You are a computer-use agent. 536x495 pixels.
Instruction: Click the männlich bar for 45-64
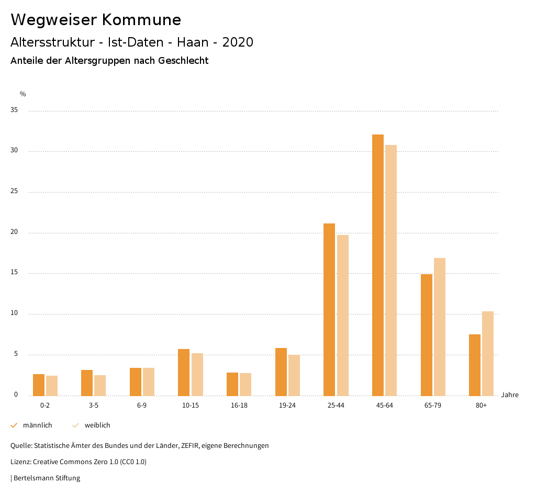(x=378, y=265)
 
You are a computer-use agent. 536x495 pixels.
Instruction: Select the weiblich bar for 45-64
(x=391, y=270)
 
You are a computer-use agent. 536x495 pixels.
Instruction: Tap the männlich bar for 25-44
(x=329, y=309)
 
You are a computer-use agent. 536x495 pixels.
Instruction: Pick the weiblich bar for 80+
(x=488, y=353)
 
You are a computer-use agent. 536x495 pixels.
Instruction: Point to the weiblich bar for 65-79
(x=440, y=327)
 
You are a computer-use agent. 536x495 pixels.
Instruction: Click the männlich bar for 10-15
(x=184, y=372)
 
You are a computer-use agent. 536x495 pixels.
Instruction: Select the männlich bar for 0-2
(x=39, y=385)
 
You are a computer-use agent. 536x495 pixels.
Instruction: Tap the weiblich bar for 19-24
(x=294, y=375)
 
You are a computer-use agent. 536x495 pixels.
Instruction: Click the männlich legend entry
(x=32, y=425)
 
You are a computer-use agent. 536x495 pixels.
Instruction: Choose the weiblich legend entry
(x=92, y=425)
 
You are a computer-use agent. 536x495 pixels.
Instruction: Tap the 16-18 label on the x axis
(x=239, y=406)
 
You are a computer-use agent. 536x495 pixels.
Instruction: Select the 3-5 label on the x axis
(x=94, y=406)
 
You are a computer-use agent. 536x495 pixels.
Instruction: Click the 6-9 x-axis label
(x=142, y=406)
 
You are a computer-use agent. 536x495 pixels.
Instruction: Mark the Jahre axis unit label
(x=509, y=395)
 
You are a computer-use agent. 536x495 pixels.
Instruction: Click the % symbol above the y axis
(x=23, y=94)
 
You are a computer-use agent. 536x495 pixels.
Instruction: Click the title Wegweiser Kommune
(x=96, y=20)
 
